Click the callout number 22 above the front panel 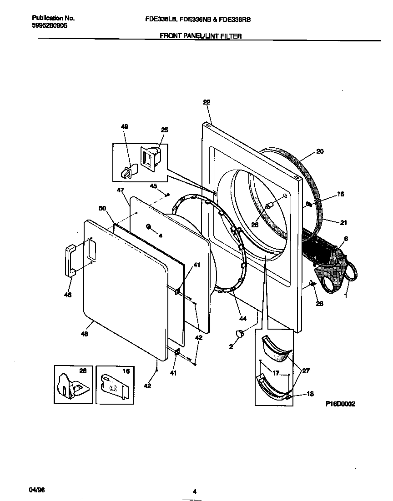tap(207, 102)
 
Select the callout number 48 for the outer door tap(85, 334)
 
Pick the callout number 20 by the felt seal tap(320, 151)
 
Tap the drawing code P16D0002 tap(340, 403)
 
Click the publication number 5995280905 tap(50, 26)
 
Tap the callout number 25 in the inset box tap(164, 130)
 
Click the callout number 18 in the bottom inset tap(310, 394)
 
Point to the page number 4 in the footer tap(195, 491)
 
